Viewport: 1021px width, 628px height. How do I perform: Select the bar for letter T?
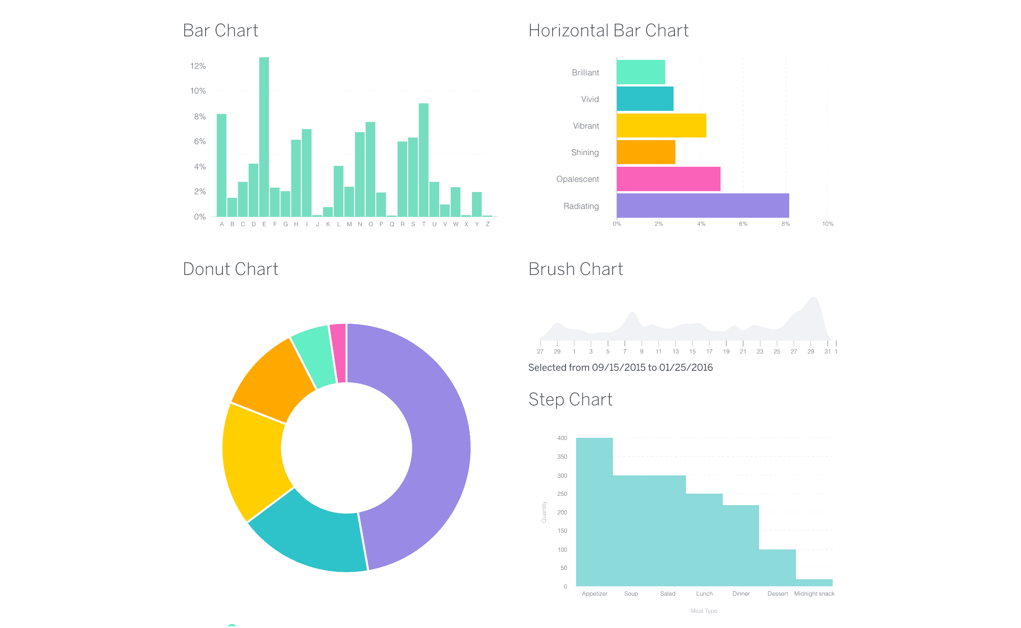point(424,160)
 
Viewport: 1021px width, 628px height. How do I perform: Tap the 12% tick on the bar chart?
point(198,66)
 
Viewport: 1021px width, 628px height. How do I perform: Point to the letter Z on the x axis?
point(487,224)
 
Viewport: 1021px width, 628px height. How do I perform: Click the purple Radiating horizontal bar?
point(702,205)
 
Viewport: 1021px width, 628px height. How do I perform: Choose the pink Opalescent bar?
point(668,179)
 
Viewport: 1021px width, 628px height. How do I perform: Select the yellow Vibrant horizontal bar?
point(661,126)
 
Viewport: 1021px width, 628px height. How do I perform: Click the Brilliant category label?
point(585,73)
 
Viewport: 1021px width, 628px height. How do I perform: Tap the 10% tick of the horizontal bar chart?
point(827,224)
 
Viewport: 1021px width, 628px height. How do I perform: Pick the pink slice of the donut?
point(338,353)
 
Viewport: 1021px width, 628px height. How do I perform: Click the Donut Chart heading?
point(230,269)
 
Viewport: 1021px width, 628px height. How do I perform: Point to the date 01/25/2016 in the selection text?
point(686,368)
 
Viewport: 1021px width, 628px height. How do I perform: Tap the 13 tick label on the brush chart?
point(675,352)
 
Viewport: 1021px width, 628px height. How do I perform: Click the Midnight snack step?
point(814,583)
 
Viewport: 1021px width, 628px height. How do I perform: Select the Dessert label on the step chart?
point(777,594)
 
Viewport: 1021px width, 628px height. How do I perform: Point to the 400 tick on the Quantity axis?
point(562,438)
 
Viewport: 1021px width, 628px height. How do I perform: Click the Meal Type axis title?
point(704,611)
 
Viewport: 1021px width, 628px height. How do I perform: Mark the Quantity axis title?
point(544,512)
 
